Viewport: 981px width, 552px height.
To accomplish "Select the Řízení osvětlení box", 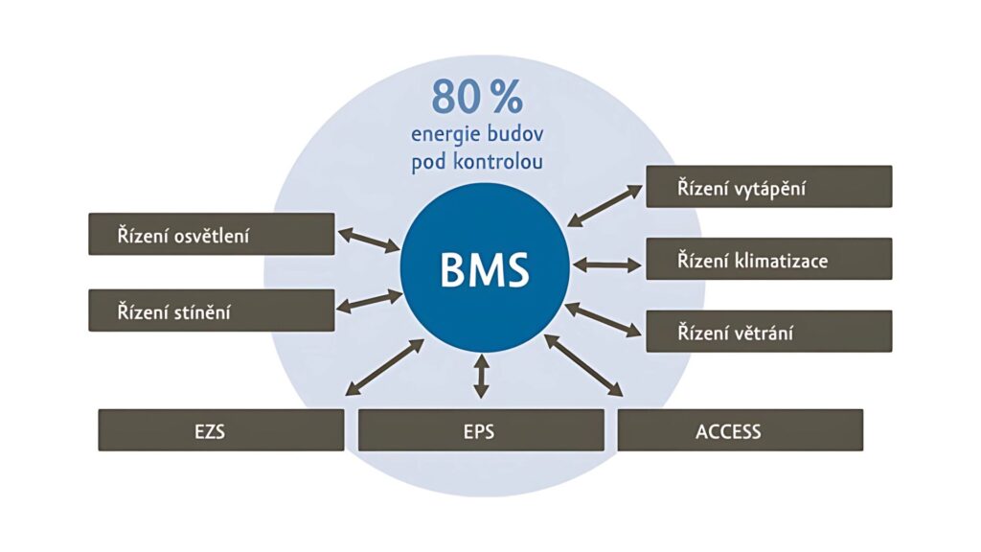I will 212,234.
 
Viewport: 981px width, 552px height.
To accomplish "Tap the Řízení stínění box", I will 212,310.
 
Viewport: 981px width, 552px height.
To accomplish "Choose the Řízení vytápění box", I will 768,187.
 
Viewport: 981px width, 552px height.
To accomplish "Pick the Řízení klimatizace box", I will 768,259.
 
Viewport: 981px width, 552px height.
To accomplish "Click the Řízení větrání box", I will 768,332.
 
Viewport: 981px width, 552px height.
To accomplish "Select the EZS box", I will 220,430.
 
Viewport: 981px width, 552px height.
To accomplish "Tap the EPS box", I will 481,430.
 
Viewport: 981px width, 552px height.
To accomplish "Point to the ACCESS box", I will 740,430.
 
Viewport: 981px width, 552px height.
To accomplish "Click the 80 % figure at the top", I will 476,97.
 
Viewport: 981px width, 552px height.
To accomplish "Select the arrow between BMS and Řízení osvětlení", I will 369,240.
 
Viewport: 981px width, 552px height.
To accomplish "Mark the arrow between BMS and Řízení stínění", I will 370,301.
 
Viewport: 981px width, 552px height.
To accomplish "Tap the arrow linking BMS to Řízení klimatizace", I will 605,264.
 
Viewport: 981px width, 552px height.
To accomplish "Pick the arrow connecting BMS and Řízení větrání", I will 604,320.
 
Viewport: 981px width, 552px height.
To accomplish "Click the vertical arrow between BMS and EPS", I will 481,376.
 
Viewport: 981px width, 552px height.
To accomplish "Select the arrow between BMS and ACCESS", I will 584,365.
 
